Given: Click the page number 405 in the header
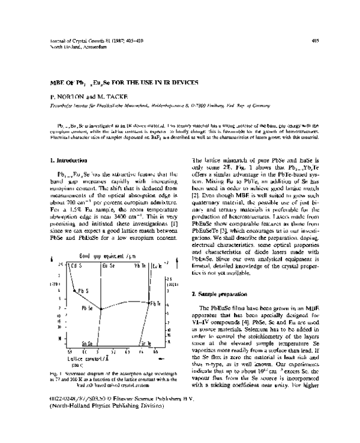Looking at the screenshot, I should click(315, 41).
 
